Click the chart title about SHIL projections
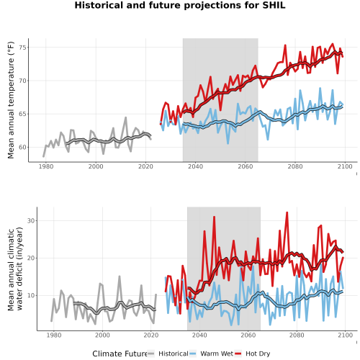pyautogui.click(x=180, y=5)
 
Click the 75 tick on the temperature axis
pyautogui.click(x=22, y=48)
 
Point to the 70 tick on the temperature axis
pyautogui.click(x=22, y=81)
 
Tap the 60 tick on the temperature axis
pyautogui.click(x=22, y=148)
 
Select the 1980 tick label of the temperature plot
pyautogui.click(x=46, y=166)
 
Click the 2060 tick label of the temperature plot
pyautogui.click(x=246, y=166)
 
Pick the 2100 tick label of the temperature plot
pyautogui.click(x=345, y=166)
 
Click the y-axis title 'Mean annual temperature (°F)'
pyautogui.click(x=11, y=100)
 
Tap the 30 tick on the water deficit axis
pyautogui.click(x=31, y=221)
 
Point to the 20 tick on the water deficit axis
pyautogui.click(x=31, y=258)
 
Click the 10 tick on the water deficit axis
pyautogui.click(x=31, y=296)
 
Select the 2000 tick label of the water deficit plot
pyautogui.click(x=102, y=335)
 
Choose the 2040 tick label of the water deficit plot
pyautogui.click(x=199, y=335)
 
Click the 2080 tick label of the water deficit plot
pyautogui.click(x=297, y=335)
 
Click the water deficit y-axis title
pyautogui.click(x=15, y=269)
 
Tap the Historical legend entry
pyautogui.click(x=168, y=354)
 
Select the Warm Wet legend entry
pyautogui.click(x=211, y=354)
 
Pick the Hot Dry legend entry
pyautogui.click(x=253, y=354)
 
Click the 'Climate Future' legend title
pyautogui.click(x=120, y=354)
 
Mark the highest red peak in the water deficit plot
pyautogui.click(x=287, y=212)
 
